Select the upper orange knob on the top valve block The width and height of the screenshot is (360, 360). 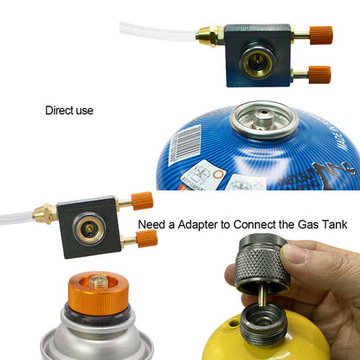pyautogui.click(x=320, y=36)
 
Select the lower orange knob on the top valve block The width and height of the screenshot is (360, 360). pyautogui.click(x=319, y=74)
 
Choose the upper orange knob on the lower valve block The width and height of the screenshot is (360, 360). pyautogui.click(x=143, y=201)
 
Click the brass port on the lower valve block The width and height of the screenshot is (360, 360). pyautogui.click(x=88, y=228)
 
